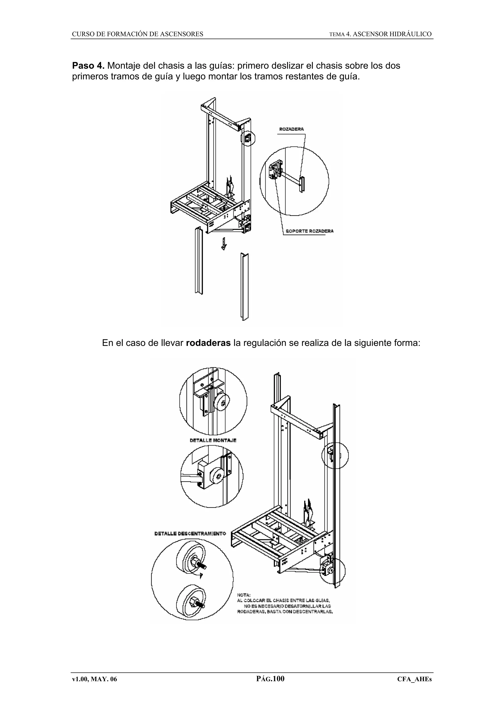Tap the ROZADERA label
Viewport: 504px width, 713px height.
pyautogui.click(x=291, y=129)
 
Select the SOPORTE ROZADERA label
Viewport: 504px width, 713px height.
pyautogui.click(x=309, y=231)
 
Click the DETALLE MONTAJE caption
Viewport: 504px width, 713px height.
pyautogui.click(x=213, y=440)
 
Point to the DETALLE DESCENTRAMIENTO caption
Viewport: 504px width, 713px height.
pyautogui.click(x=190, y=533)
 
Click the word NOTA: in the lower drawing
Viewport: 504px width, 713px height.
pyautogui.click(x=244, y=595)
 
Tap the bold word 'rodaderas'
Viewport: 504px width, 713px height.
pyautogui.click(x=208, y=343)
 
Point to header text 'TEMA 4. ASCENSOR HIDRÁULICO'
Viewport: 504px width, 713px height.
pyautogui.click(x=380, y=34)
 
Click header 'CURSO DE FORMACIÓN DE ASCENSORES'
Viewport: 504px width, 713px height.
pyautogui.click(x=138, y=34)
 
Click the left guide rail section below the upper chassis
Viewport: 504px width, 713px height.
pyautogui.click(x=198, y=261)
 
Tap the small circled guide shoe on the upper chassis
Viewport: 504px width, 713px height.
pyautogui.click(x=248, y=139)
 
